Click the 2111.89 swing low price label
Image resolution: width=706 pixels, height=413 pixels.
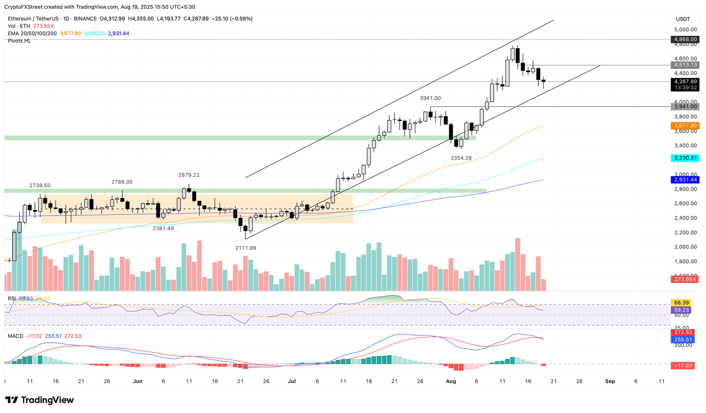tap(245, 248)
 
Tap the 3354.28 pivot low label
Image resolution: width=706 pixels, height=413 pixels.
tap(461, 158)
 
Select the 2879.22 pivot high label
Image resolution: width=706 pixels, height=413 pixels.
tap(189, 175)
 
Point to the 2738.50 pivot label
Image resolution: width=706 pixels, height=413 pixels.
tap(40, 186)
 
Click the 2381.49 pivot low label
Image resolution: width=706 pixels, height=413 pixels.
tap(163, 228)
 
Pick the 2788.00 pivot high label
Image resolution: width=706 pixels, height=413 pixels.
tap(122, 182)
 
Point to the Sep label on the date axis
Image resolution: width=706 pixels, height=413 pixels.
tap(610, 381)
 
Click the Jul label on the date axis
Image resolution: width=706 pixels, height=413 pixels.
tap(291, 381)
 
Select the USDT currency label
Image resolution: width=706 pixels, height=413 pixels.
tap(683, 19)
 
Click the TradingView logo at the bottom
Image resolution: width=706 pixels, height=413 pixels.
tap(40, 400)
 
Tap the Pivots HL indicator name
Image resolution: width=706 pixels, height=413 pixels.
tap(19, 41)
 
